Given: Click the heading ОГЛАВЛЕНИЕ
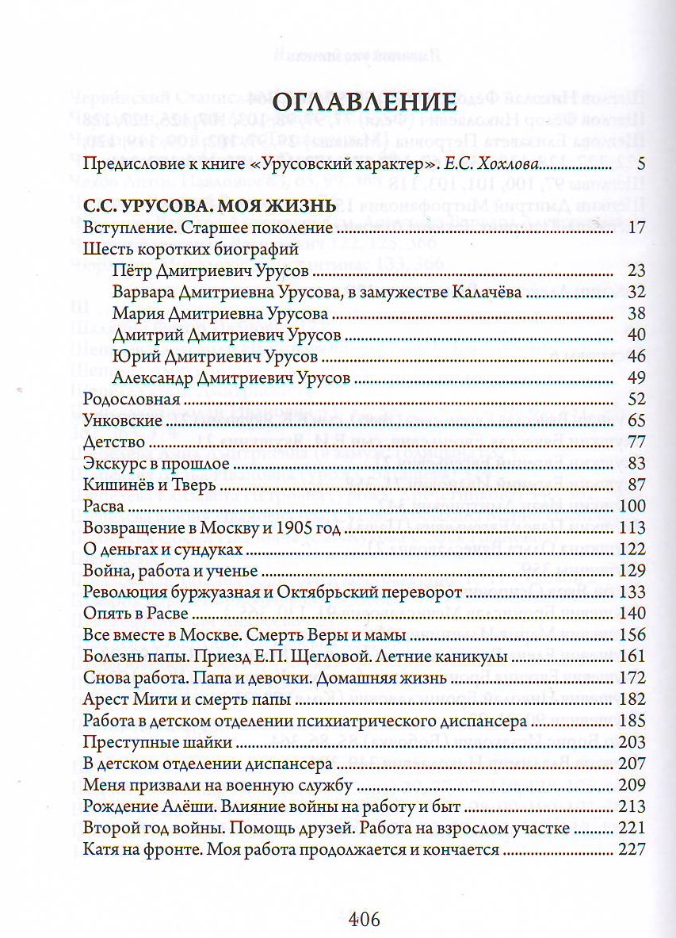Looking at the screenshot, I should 365,104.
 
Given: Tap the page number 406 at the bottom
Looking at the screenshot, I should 365,920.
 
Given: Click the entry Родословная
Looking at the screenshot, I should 126,399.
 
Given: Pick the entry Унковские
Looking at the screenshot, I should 123,420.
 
